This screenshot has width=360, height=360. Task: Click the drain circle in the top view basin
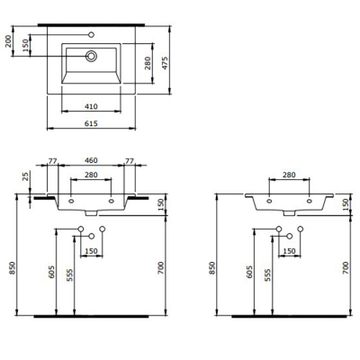92,56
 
